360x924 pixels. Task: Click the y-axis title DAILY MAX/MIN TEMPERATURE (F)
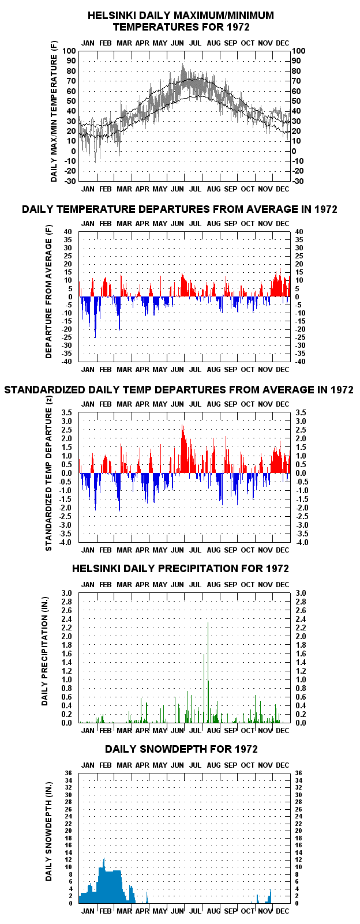pos(54,111)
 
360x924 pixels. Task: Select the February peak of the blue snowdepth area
pos(104,859)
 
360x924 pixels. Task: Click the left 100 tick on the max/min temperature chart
pos(69,51)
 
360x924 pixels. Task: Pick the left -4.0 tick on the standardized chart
pos(66,542)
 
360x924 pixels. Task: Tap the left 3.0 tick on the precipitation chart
pos(66,593)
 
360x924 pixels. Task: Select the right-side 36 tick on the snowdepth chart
pos(298,773)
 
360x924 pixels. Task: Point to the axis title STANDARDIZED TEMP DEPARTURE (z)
pos(48,479)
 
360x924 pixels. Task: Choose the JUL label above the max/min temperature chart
pos(195,43)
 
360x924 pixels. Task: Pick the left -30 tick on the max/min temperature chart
pos(70,181)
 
